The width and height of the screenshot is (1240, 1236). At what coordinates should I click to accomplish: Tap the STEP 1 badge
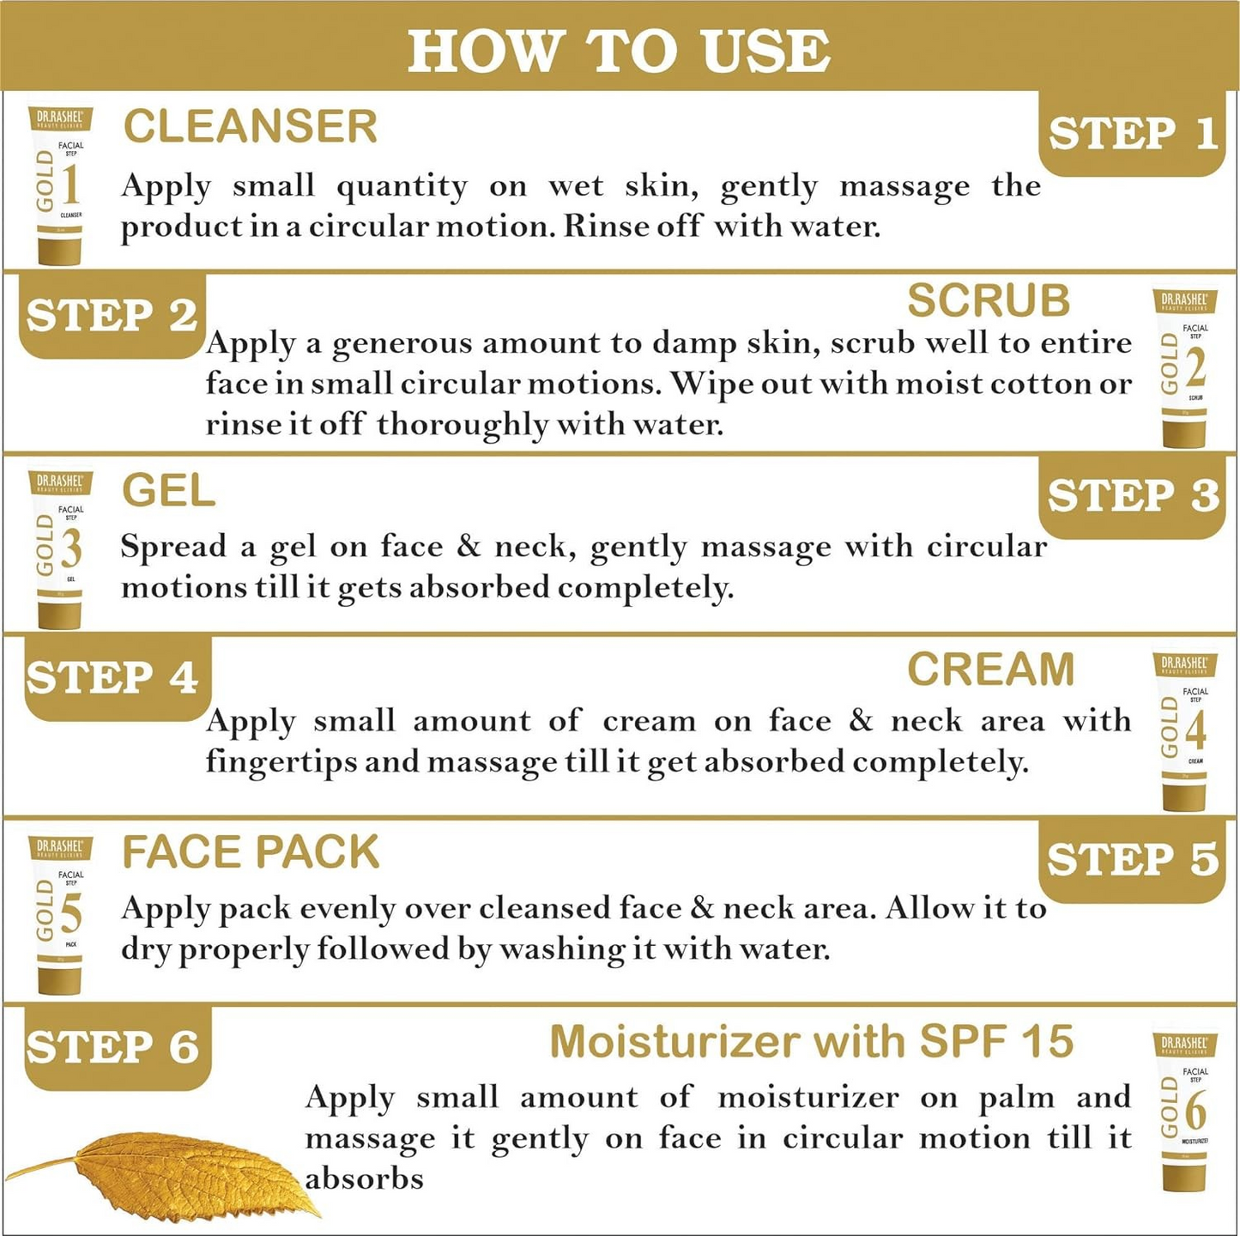coord(1132,134)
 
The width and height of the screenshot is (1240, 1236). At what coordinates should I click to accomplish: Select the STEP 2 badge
coord(112,316)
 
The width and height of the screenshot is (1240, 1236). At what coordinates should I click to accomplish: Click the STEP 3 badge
coord(1132,496)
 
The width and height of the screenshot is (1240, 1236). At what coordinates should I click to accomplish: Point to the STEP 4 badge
coord(112,678)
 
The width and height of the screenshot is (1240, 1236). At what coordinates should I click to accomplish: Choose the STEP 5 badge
coord(1132,859)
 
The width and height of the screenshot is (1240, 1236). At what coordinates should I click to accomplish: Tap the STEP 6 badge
coord(112,1048)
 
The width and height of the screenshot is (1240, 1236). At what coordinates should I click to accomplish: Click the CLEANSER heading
coord(250,127)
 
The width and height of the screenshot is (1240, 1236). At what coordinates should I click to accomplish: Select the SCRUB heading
coord(988,300)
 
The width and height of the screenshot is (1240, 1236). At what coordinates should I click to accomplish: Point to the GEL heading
coord(168,491)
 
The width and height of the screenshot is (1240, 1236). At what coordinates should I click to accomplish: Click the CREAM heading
coord(990,669)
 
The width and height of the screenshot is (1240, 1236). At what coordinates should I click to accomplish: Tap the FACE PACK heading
coord(250,852)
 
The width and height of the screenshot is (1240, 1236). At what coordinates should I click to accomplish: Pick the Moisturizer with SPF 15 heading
coord(811,1042)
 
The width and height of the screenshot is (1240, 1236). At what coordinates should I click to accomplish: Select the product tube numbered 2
coord(1184,367)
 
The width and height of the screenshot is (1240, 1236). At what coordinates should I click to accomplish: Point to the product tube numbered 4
coord(1184,731)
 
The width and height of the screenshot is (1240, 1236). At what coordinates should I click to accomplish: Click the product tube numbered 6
coord(1184,1112)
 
